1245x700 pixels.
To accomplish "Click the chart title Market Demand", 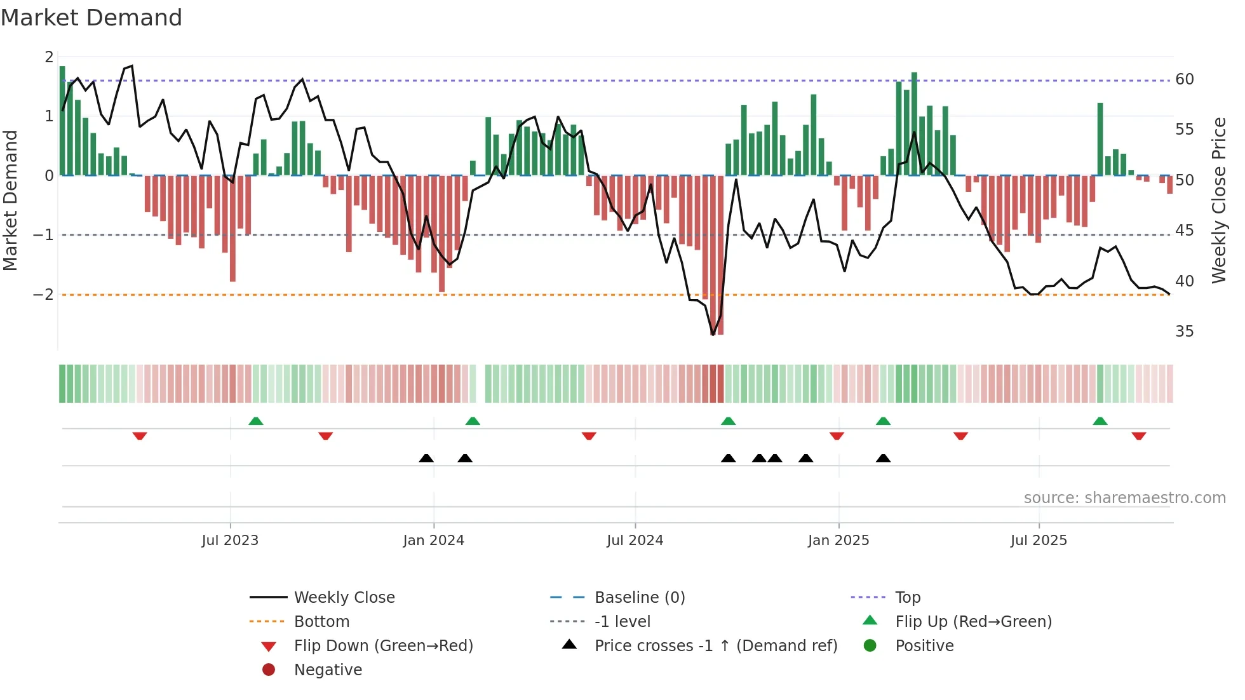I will click(91, 18).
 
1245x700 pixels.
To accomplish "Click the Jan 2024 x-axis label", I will click(433, 540).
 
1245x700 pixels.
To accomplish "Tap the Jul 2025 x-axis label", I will click(1039, 540).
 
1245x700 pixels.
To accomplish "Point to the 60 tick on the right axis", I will click(1184, 79).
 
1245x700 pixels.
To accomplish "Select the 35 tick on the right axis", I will click(1184, 331).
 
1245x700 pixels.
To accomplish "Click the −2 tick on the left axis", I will click(43, 294).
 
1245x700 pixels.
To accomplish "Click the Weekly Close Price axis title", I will click(1218, 200).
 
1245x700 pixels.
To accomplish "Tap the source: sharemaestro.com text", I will click(1124, 497).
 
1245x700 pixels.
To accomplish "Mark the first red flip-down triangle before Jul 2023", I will click(140, 436).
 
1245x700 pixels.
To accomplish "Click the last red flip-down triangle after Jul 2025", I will click(1138, 436).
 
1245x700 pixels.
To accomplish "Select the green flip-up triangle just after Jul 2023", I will click(255, 421).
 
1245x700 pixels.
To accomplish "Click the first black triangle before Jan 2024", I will click(426, 458).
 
